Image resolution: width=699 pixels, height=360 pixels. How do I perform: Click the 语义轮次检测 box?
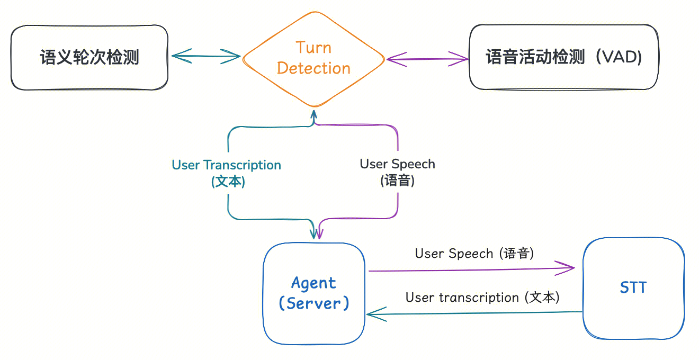coord(89,57)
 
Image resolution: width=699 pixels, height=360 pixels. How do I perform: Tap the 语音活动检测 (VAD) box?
coord(563,57)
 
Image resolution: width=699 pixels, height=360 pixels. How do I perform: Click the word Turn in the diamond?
coord(313,48)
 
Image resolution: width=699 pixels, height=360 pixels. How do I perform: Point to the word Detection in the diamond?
coord(313,68)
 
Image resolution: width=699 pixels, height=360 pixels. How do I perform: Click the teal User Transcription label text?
coord(226,165)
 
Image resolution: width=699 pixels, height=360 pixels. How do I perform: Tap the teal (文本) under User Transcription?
coord(228,182)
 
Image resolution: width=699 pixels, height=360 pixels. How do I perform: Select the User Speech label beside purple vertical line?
coord(397,164)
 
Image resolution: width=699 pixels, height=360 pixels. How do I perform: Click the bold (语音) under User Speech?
coord(397,181)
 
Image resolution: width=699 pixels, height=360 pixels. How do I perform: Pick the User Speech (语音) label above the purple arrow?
coord(474,254)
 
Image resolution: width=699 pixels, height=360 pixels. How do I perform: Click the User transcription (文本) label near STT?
coord(482,298)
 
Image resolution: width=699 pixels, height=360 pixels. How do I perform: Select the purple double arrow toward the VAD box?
coord(427,58)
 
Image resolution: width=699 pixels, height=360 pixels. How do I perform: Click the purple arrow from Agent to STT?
coord(471,269)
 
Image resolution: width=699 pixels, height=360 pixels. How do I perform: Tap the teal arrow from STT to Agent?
coord(474,313)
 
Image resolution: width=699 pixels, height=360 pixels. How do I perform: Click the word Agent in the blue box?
coord(313,283)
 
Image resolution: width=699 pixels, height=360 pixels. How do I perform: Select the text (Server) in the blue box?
coord(314,303)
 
